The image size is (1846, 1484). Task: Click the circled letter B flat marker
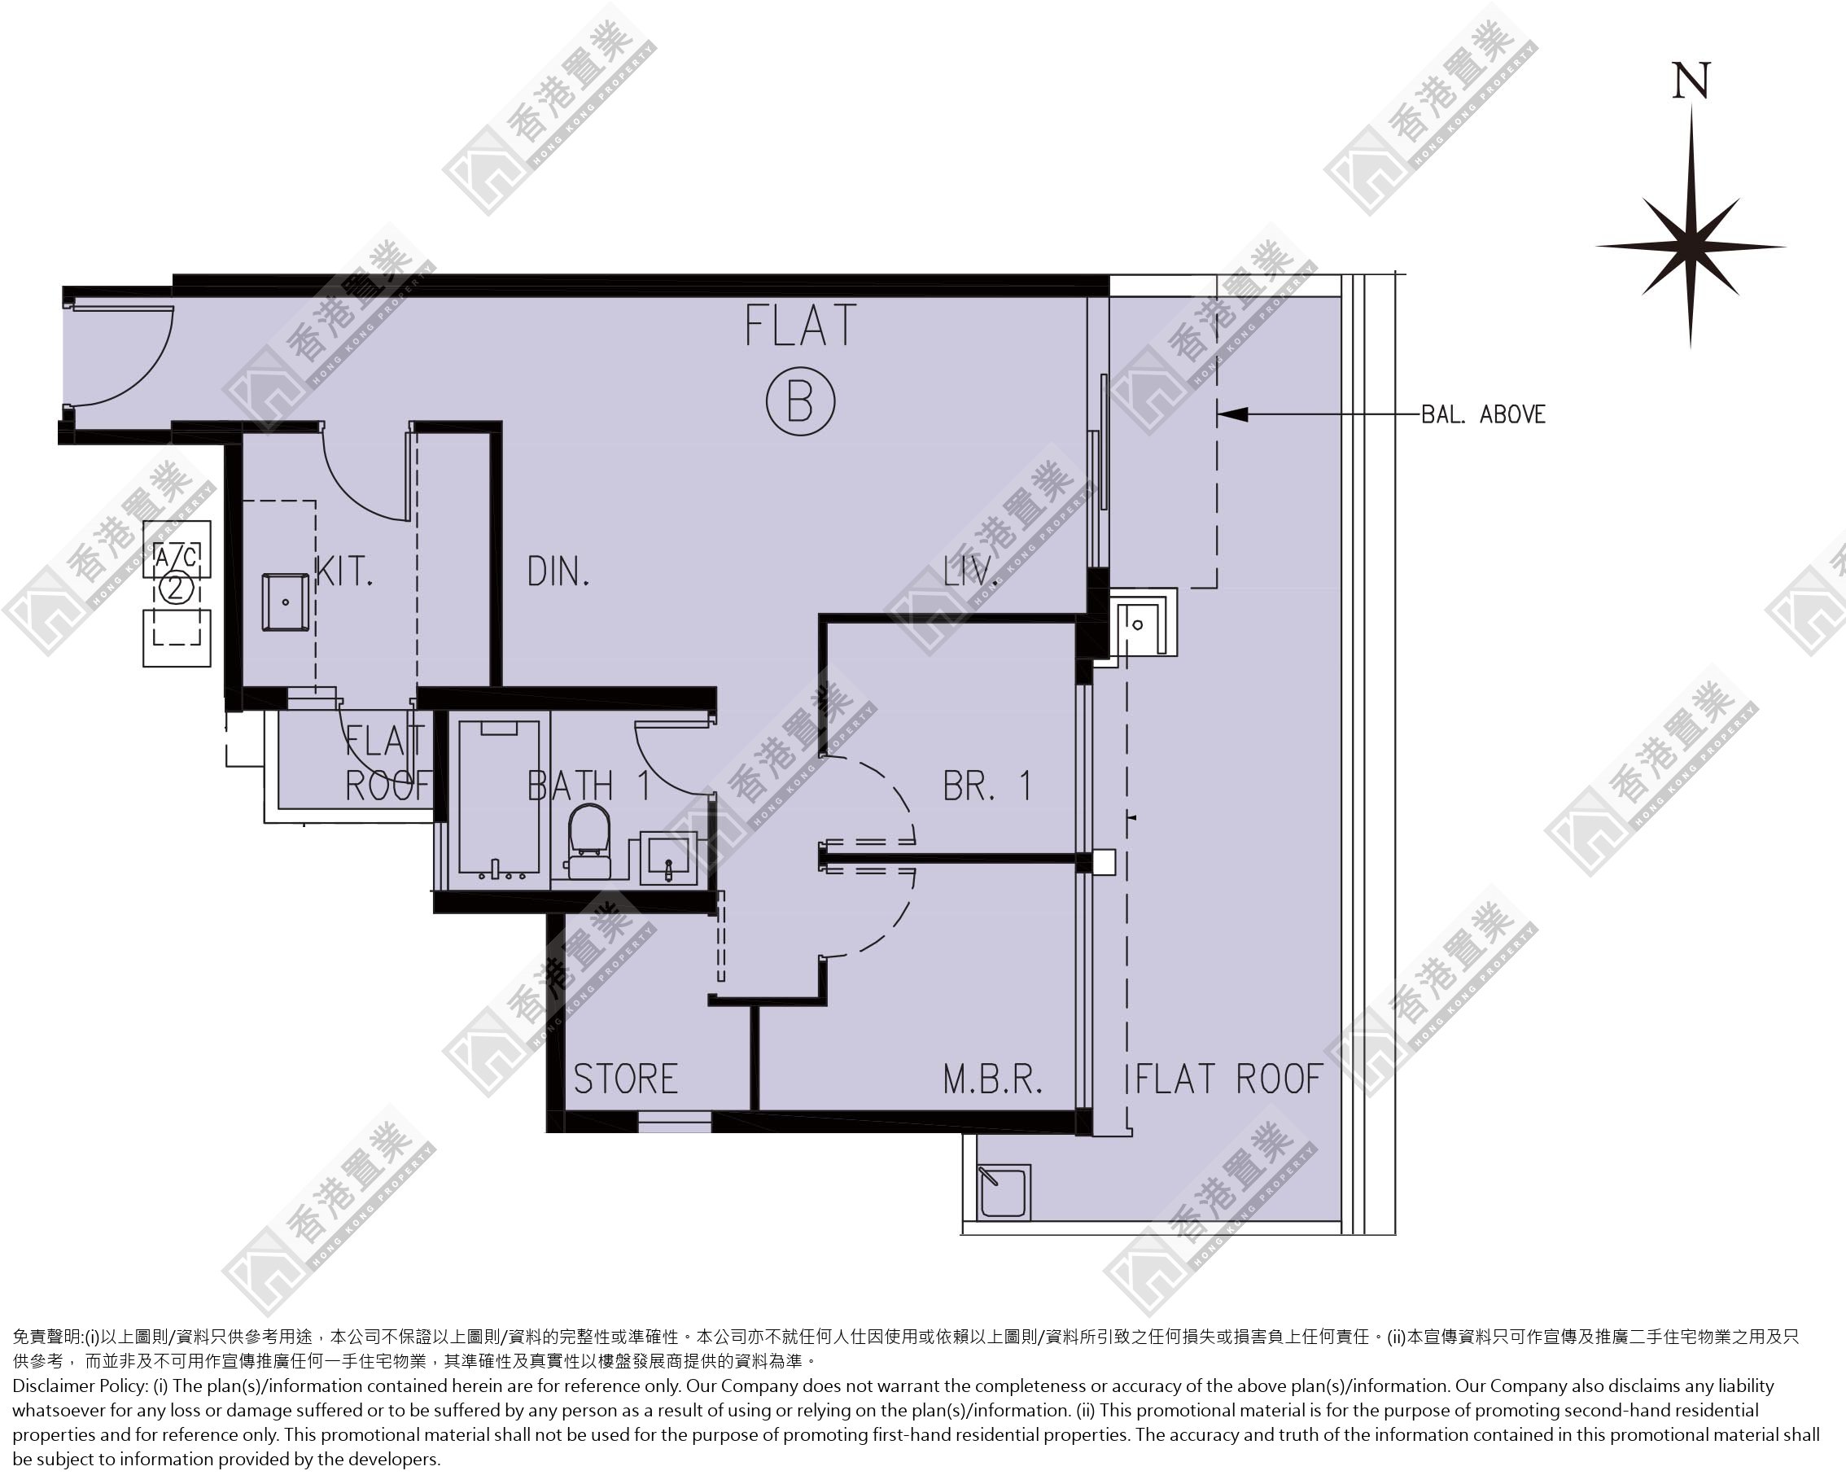[x=800, y=401]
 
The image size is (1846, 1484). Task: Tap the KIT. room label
[x=344, y=572]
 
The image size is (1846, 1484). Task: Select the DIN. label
[x=558, y=572]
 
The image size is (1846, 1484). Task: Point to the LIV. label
[x=971, y=572]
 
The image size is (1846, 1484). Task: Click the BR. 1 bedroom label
[x=987, y=786]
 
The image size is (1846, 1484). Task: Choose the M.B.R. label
[x=993, y=1079]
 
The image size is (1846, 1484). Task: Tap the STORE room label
[x=626, y=1079]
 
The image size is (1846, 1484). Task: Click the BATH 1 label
[x=589, y=786]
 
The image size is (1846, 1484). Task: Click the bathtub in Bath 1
[x=499, y=797]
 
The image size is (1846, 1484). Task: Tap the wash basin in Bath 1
[x=669, y=857]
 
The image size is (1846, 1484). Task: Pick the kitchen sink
[x=285, y=603]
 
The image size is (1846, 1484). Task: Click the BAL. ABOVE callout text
[x=1484, y=414]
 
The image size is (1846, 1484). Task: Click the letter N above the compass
[x=1691, y=81]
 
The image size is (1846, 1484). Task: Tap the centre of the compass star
[x=1691, y=247]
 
